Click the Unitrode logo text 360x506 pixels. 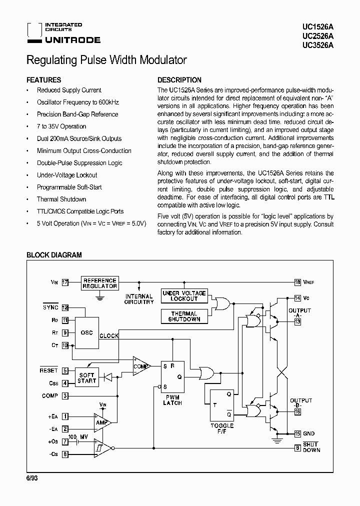72,40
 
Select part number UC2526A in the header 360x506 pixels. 318,36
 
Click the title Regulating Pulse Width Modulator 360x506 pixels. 106,60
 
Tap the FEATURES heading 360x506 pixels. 43,80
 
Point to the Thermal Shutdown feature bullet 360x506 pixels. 61,199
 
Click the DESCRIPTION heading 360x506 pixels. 179,80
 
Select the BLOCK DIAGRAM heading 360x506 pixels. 54,255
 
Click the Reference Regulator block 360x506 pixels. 100,283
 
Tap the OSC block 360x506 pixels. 86,332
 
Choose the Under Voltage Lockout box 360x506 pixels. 184,295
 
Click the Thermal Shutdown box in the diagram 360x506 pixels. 184,316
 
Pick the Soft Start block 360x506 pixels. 86,378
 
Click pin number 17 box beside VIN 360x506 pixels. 65,282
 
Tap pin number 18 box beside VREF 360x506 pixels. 297,282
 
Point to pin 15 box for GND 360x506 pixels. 297,433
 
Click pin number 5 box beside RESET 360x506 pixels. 65,371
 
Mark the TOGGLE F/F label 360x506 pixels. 222,428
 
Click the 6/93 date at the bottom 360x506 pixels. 32,478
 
